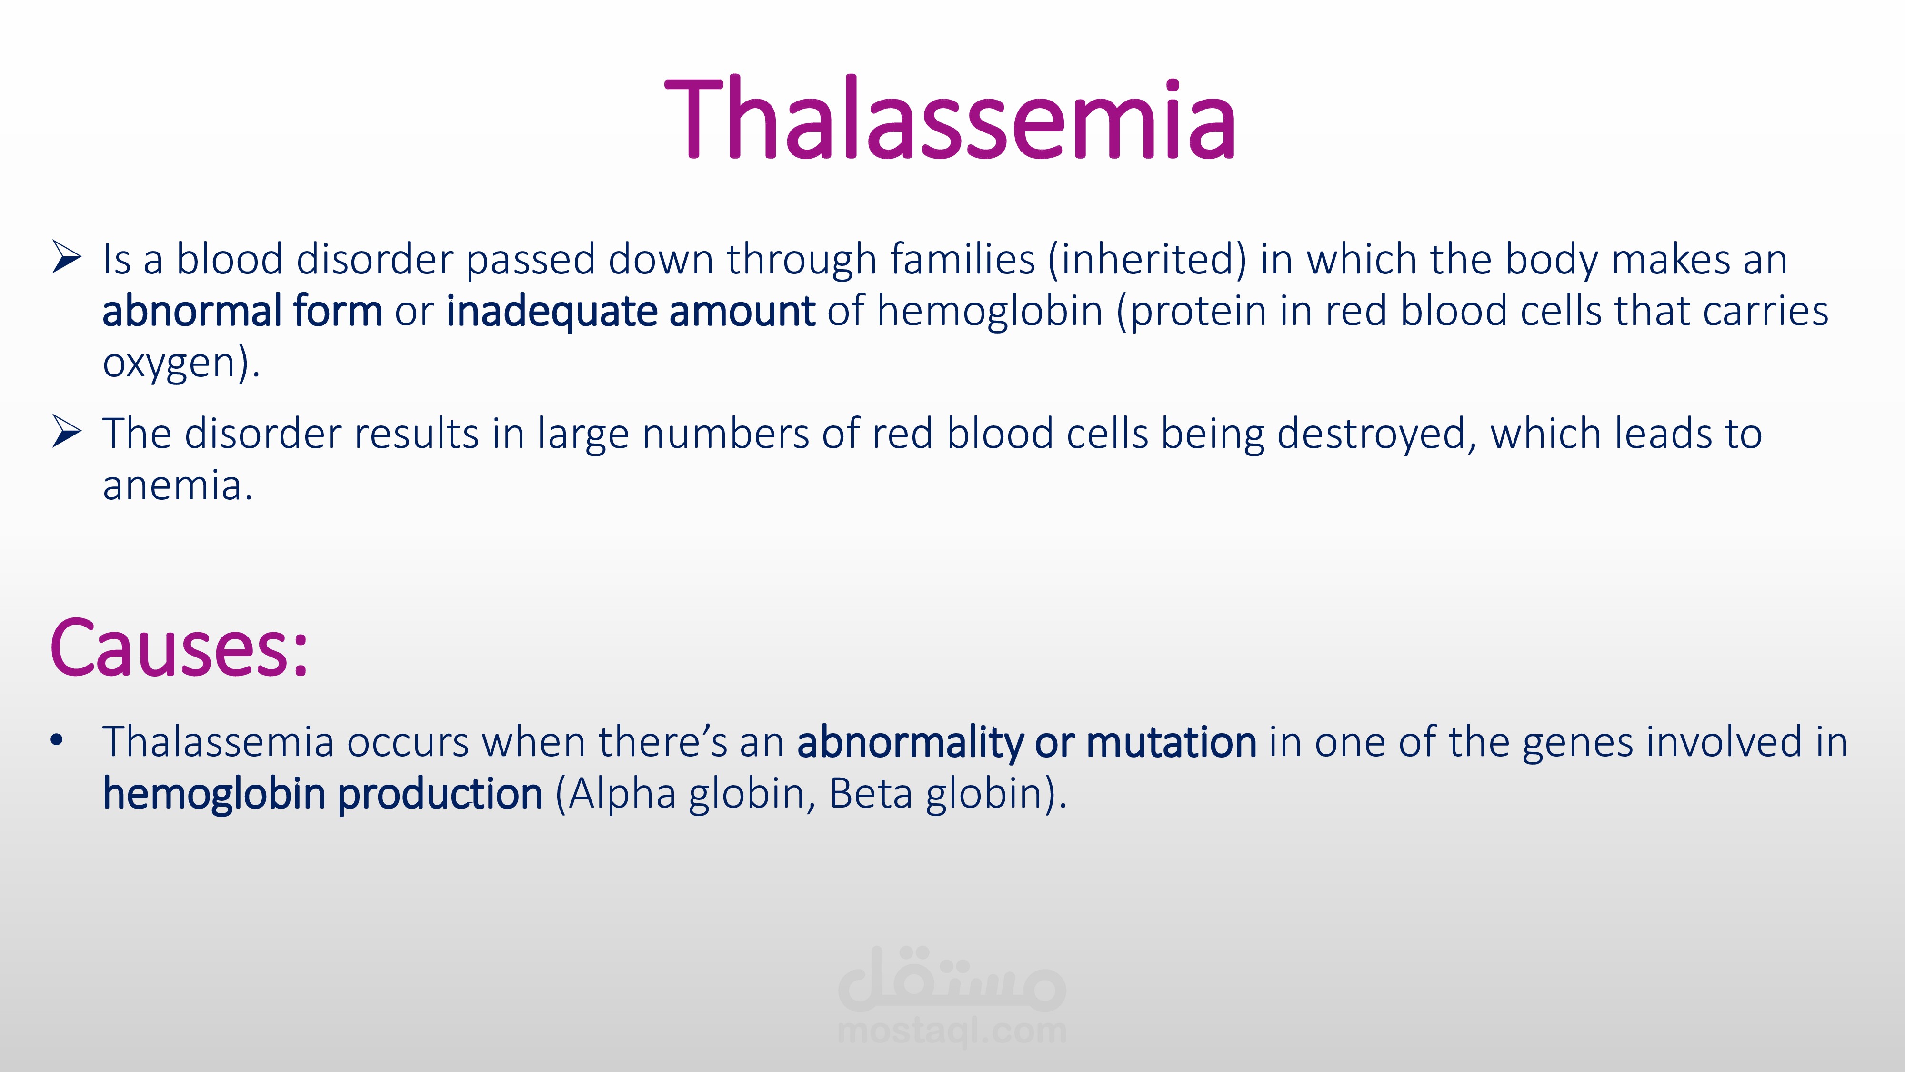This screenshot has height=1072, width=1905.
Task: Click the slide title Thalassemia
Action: tap(950, 118)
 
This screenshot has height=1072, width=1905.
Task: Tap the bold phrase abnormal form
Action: tap(242, 310)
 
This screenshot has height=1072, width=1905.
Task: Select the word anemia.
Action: tap(178, 486)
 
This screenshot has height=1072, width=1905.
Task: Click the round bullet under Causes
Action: tap(57, 740)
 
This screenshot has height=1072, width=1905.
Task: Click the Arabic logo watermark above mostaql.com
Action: tap(952, 978)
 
